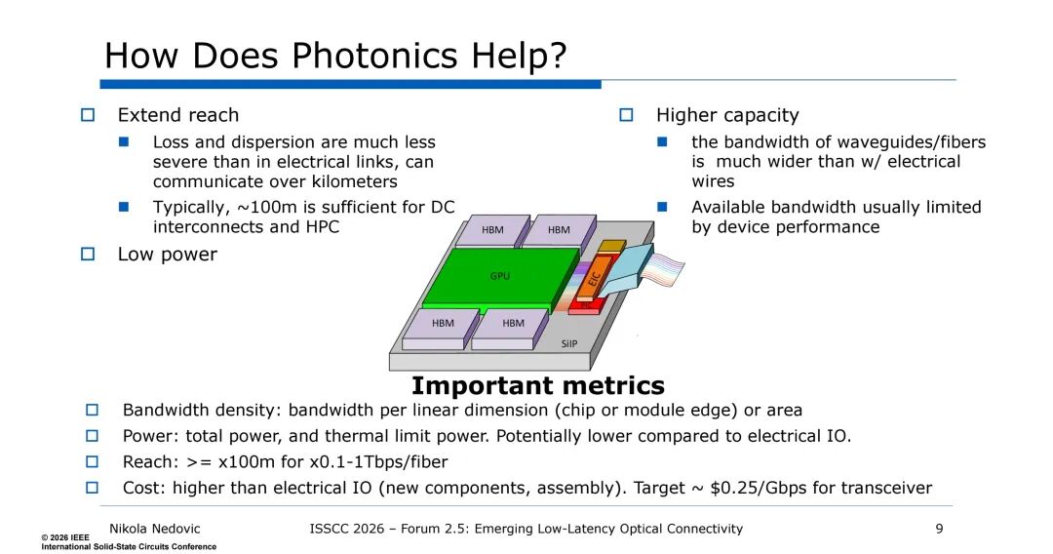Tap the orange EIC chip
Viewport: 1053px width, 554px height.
pos(594,278)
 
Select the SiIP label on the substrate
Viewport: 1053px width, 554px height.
pos(568,344)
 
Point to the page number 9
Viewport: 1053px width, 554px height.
pos(940,530)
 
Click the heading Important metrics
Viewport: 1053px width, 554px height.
pos(538,386)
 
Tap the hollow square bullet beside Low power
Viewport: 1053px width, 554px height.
pos(88,255)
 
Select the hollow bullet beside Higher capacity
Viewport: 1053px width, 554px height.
pos(626,115)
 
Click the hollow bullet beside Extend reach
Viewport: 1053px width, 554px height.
pos(88,115)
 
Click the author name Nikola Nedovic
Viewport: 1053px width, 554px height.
pos(154,530)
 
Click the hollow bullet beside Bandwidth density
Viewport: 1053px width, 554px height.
pos(92,411)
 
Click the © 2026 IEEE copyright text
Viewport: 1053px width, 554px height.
pos(65,537)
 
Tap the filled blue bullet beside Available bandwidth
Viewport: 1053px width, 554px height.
pos(662,207)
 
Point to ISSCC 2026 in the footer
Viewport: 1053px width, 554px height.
pos(346,530)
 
